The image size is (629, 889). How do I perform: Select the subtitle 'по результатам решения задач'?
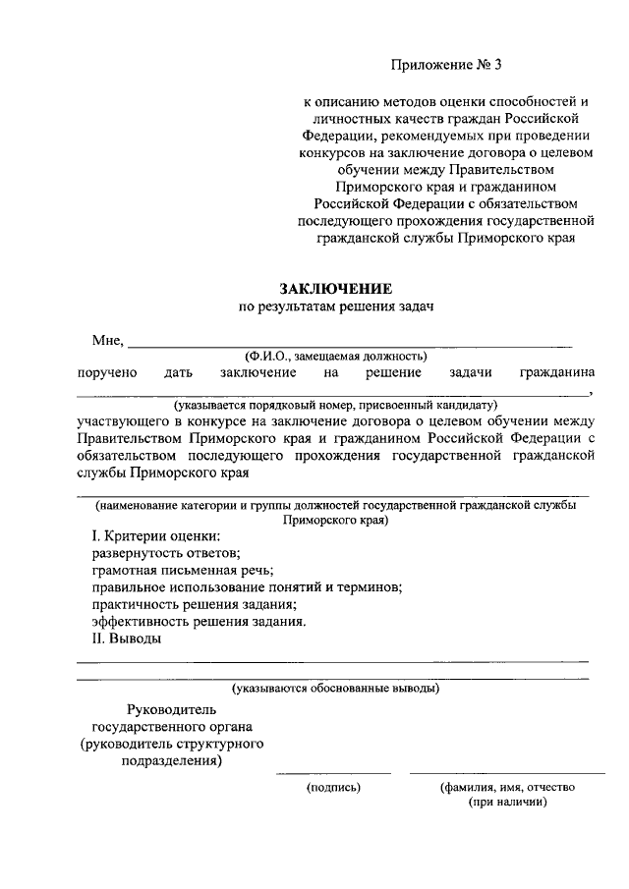(336, 306)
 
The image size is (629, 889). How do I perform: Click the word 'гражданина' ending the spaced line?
(557, 372)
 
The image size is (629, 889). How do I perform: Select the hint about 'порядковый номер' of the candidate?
(336, 405)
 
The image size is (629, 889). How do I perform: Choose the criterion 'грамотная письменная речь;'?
(182, 570)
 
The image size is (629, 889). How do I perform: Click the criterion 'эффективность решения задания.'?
(199, 622)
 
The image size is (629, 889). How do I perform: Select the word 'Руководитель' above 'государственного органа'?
(172, 709)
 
